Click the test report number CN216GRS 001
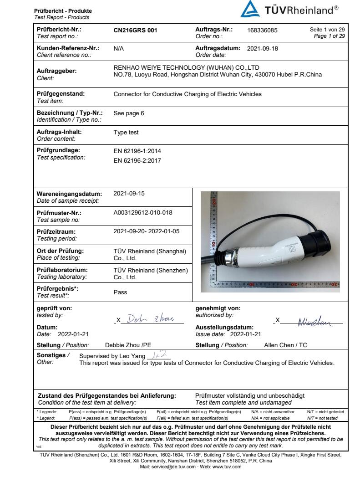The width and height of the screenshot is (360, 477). click(135, 30)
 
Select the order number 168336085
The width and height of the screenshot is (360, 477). click(262, 30)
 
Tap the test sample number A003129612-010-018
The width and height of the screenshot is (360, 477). click(143, 212)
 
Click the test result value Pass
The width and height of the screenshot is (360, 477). click(120, 292)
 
